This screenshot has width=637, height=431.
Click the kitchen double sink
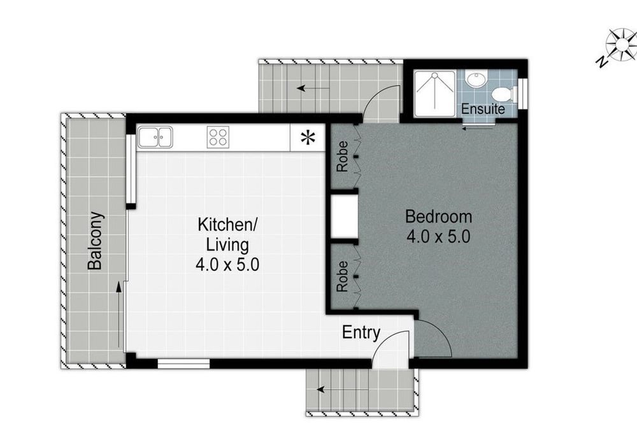[155, 137]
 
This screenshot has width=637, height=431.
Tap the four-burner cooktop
[218, 137]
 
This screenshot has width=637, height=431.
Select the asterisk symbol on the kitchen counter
[308, 138]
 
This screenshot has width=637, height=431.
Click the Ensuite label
[483, 109]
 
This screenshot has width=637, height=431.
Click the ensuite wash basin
[476, 78]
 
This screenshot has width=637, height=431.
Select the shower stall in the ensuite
[434, 94]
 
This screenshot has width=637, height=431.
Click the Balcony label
[96, 241]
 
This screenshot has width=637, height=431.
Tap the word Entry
[361, 333]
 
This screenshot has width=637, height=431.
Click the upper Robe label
[343, 156]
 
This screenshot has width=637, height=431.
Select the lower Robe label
[343, 276]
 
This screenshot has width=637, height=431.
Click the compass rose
[622, 44]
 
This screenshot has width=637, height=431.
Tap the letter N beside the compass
[601, 61]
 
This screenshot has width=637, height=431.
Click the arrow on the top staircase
[313, 88]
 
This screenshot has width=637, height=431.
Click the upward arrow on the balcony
[118, 315]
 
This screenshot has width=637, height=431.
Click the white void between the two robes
[344, 216]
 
